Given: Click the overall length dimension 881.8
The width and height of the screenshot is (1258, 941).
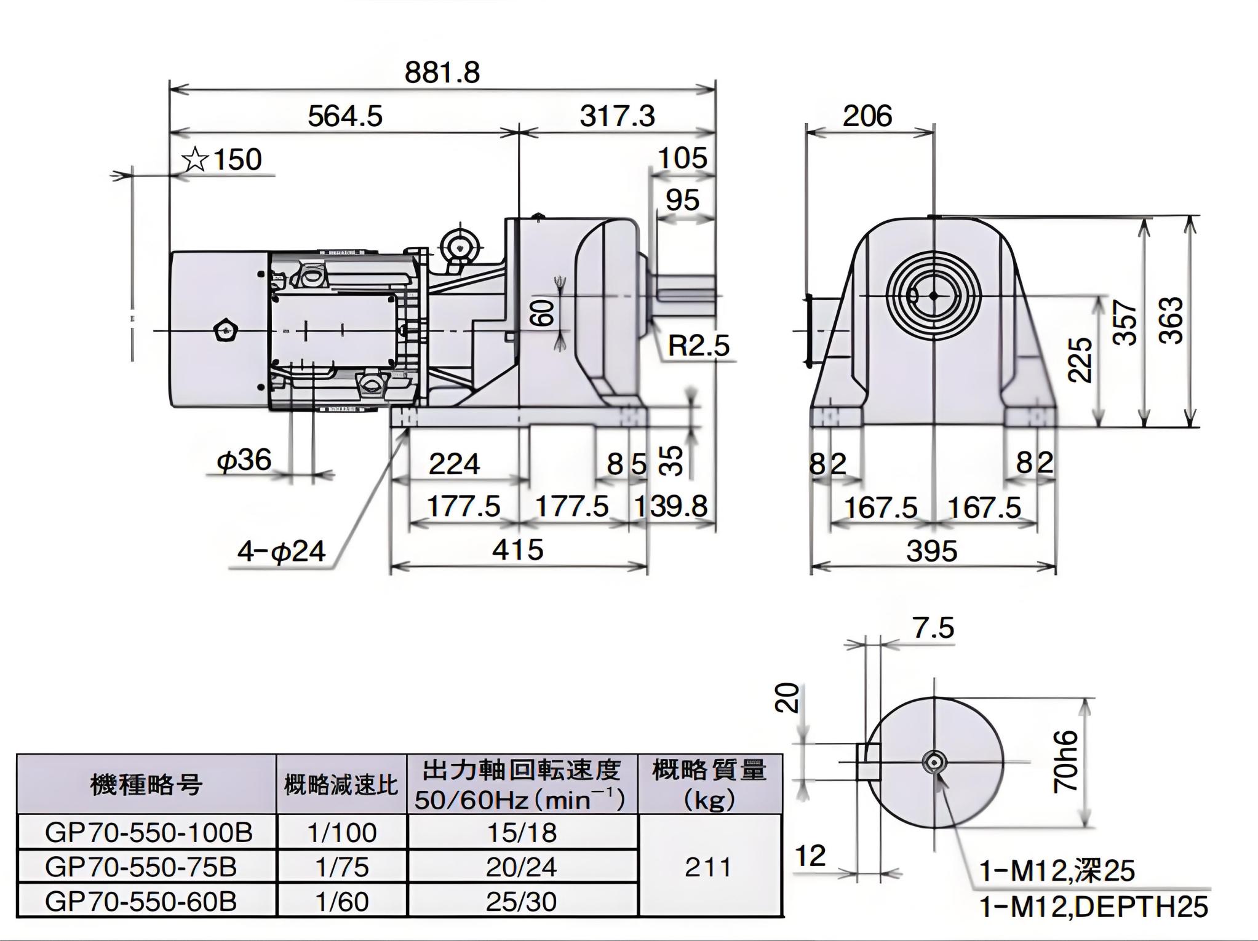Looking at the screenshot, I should (442, 73).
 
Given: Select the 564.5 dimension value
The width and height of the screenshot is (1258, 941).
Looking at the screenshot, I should (344, 116).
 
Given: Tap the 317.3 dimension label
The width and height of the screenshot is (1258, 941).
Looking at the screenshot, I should (617, 116).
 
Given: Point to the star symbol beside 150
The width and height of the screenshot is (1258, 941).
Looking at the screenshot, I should (195, 160).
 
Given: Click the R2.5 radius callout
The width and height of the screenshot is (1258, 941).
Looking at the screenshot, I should (698, 346).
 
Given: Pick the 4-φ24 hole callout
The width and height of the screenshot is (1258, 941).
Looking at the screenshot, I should (281, 551).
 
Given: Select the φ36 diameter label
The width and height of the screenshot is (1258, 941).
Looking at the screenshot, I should (244, 460).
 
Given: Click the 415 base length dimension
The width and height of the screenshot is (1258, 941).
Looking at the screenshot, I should (517, 550).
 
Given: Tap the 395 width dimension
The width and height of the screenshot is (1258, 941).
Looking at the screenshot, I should (931, 551).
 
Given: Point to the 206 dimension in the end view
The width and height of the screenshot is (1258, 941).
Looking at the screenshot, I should (867, 116).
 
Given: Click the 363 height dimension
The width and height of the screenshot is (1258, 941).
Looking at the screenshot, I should (1174, 320).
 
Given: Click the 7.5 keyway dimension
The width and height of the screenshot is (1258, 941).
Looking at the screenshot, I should (933, 628).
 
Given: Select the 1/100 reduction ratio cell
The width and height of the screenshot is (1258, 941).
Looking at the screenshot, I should (341, 833).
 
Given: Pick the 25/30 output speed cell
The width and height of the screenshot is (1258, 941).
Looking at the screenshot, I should (521, 902).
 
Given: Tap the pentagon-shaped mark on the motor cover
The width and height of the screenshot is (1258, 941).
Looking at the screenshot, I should (223, 331).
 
